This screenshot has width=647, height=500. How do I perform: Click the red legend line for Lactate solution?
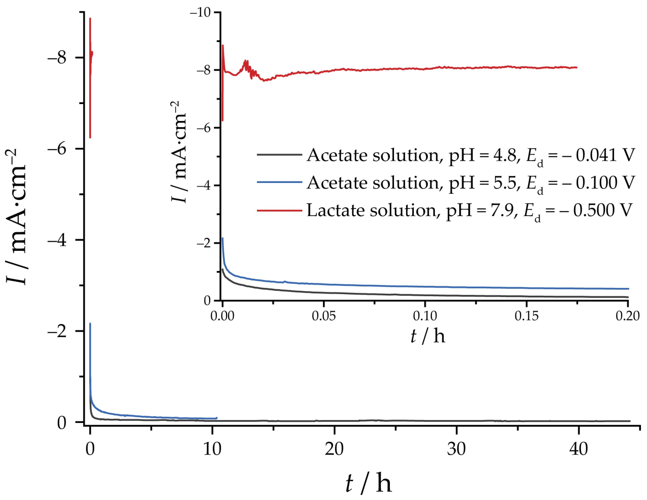279,210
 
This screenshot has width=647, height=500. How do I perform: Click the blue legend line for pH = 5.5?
279,182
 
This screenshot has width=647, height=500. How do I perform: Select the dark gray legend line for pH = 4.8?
279,154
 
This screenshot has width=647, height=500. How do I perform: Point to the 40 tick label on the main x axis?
578,449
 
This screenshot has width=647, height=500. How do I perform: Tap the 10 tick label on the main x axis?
212,449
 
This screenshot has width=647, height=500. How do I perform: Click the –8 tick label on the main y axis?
57,57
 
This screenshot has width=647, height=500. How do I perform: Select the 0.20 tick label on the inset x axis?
627,316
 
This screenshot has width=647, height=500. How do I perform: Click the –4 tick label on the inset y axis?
204,185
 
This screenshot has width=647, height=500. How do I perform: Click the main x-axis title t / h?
368,483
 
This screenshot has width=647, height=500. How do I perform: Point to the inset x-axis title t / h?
427,336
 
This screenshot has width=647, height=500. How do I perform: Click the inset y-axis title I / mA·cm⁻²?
179,152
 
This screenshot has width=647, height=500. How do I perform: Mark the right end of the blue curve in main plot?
217,418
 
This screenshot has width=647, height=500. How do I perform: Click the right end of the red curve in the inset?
576,67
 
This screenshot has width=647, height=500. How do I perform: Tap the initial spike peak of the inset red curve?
223,45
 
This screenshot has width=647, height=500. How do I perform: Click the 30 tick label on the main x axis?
456,449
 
